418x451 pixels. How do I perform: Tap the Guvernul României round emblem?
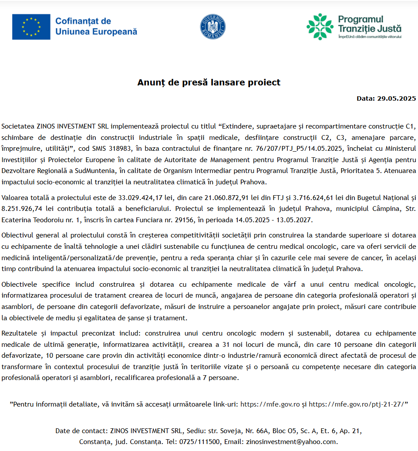click(213, 26)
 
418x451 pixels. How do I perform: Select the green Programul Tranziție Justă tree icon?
click(320, 26)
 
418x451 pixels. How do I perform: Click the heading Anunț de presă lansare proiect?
click(209, 82)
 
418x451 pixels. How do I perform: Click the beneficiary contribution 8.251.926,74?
click(24, 209)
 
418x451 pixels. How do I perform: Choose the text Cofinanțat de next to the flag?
click(83, 21)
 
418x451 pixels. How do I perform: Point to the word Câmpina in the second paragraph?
click(378, 209)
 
